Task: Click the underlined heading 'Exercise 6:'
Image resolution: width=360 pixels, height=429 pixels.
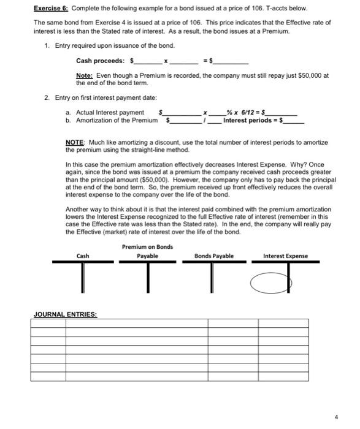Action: (x=52, y=9)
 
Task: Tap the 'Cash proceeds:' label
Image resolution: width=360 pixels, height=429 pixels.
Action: (x=99, y=61)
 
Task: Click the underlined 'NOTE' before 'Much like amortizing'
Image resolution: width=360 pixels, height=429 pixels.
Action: (x=75, y=142)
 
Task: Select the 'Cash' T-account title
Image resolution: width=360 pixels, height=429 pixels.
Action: (x=83, y=256)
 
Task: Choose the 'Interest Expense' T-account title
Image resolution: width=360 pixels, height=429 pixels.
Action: (x=285, y=256)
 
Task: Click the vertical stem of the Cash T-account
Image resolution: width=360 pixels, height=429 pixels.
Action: (x=83, y=276)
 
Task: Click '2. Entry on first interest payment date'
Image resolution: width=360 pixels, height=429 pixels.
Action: (x=109, y=99)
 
